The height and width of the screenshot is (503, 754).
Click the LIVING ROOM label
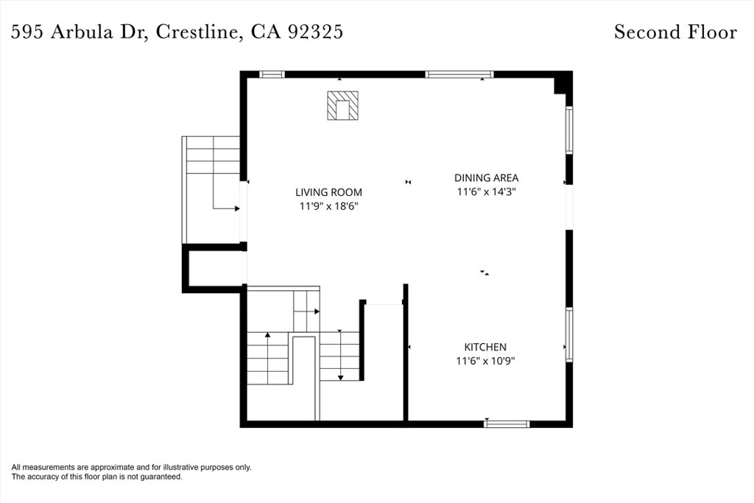tap(328, 192)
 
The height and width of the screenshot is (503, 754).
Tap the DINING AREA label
tap(486, 178)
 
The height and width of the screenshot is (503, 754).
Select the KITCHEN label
tap(485, 347)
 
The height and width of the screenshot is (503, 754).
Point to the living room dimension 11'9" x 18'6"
tap(329, 206)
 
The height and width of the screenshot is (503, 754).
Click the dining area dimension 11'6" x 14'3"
tap(486, 192)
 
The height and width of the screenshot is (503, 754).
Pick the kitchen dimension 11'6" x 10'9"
tap(485, 361)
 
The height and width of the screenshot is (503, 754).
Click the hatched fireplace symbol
tap(342, 105)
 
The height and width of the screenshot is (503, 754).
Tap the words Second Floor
tap(675, 32)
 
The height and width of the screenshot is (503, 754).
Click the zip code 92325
tap(315, 32)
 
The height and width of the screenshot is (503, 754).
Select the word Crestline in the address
tap(196, 32)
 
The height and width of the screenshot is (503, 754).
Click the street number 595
tap(29, 32)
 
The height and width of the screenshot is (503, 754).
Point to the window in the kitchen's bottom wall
tap(507, 423)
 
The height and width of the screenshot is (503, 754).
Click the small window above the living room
tap(272, 74)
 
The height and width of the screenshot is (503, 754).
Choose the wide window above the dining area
tap(459, 74)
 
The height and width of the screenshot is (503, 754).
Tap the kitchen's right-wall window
tap(569, 334)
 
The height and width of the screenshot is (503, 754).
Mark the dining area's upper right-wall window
tap(569, 130)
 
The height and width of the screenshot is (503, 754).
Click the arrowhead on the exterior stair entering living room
tap(237, 208)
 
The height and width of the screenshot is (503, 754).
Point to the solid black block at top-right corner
tap(563, 82)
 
